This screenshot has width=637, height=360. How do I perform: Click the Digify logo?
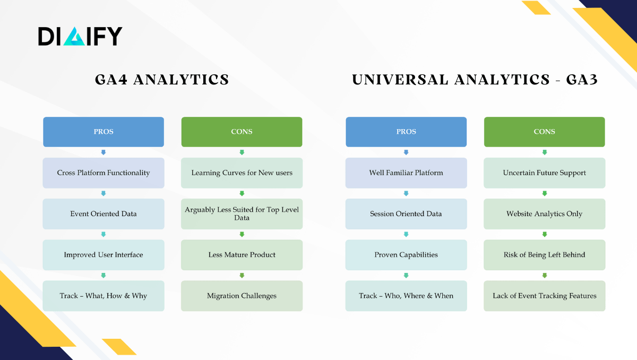tap(80, 36)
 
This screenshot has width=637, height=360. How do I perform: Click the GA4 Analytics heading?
tap(162, 80)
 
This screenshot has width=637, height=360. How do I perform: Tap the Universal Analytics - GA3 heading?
tap(475, 80)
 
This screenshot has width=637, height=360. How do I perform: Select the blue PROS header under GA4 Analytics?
tap(104, 132)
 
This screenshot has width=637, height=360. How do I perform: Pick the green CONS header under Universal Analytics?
tap(544, 132)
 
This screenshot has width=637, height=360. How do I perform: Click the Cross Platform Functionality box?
tap(104, 173)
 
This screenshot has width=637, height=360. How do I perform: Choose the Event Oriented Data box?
tap(104, 214)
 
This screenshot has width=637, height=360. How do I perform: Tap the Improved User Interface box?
tap(104, 255)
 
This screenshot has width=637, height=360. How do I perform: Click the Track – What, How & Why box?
tap(104, 296)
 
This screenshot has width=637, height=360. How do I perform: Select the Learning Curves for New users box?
tap(242, 173)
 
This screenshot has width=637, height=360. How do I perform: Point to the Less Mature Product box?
tap(242, 255)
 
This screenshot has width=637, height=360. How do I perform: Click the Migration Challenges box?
tap(242, 296)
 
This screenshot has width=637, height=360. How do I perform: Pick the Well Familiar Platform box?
tap(406, 173)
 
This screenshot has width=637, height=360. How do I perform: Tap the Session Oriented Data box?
tap(406, 214)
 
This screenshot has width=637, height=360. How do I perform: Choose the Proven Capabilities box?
tap(406, 255)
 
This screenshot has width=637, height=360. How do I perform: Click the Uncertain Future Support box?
tap(544, 173)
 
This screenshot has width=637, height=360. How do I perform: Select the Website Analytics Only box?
tap(544, 214)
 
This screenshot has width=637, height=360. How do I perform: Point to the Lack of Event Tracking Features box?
tap(544, 296)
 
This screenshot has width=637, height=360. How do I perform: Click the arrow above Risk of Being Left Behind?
tap(544, 234)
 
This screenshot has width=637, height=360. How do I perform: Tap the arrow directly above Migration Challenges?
tap(242, 275)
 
